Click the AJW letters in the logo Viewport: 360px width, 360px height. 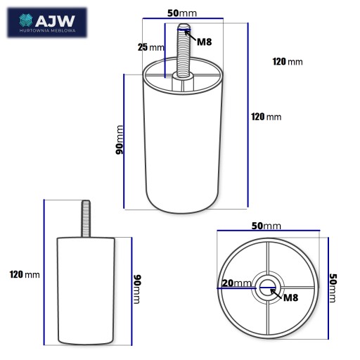(x=55, y=21)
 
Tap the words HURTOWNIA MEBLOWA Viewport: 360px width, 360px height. (x=48, y=30)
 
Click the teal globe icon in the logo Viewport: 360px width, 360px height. (x=25, y=20)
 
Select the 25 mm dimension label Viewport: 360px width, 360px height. (x=151, y=47)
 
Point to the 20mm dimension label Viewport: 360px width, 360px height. (x=236, y=283)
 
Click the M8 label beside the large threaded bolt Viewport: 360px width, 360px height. (x=205, y=42)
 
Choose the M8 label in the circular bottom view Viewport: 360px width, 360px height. (x=290, y=297)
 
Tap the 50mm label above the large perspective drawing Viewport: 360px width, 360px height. (x=182, y=13)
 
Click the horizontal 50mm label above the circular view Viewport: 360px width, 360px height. (x=266, y=226)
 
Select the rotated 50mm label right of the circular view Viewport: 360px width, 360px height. (x=333, y=288)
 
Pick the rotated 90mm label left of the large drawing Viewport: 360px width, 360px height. (x=120, y=140)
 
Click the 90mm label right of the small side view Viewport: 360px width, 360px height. (x=137, y=289)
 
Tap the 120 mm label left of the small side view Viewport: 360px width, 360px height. (x=25, y=274)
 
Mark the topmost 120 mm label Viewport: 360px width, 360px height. (x=288, y=62)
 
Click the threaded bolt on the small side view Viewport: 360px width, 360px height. (x=86, y=219)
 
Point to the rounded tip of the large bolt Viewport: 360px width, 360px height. (x=184, y=26)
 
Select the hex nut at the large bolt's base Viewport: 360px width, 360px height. (x=183, y=82)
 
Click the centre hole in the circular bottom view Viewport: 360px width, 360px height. (x=267, y=288)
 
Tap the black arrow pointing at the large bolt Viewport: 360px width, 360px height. (x=190, y=35)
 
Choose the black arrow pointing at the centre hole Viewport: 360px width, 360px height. (x=276, y=294)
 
